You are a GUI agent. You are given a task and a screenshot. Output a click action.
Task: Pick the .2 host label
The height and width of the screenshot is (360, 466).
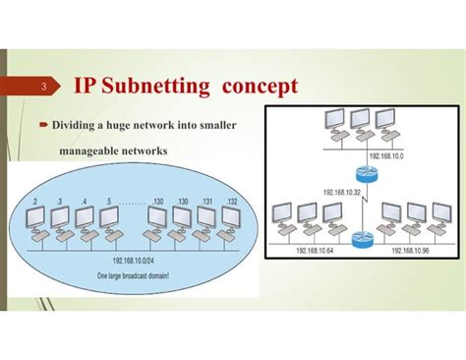point(35,202)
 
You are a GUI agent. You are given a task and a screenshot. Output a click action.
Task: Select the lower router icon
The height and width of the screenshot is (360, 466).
point(363,237)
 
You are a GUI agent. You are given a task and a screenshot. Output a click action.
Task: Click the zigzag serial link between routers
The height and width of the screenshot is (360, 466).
point(364,208)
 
